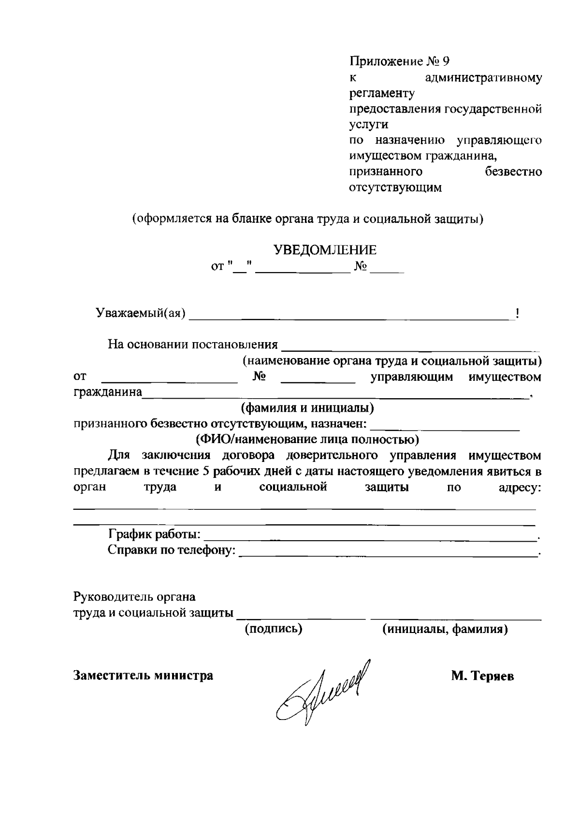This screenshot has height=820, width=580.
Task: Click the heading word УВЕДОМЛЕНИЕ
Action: [x=325, y=250]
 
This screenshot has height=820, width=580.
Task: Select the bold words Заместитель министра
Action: [x=143, y=675]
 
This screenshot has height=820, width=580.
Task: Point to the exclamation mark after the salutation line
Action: [x=518, y=314]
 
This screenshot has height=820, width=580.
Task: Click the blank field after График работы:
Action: [x=370, y=537]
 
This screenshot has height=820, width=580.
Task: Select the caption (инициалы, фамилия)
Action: [x=445, y=629]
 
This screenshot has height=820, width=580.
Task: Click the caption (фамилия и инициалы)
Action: [x=307, y=408]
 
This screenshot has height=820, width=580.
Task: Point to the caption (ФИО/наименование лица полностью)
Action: [x=307, y=439]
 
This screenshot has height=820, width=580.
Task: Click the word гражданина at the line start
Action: [x=107, y=392]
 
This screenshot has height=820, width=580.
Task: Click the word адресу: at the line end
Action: [x=520, y=488]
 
